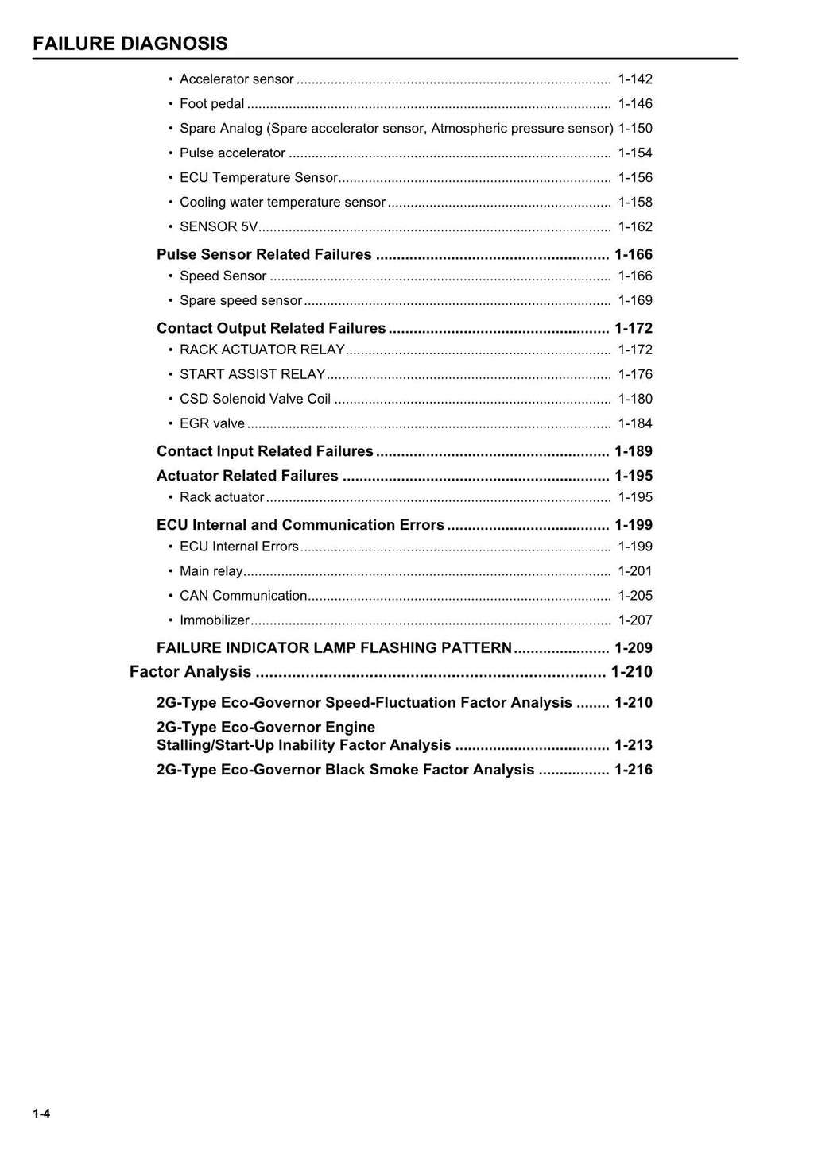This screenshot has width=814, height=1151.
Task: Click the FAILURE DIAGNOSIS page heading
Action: pyautogui.click(x=130, y=44)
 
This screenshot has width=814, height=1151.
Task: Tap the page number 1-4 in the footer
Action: pyautogui.click(x=41, y=1114)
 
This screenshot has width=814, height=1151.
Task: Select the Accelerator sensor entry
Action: pyautogui.click(x=236, y=79)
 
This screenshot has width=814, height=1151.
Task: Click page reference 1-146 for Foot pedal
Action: pyautogui.click(x=634, y=104)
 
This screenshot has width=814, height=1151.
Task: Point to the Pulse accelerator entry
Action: pyautogui.click(x=232, y=153)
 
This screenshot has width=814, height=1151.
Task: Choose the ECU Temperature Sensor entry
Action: pyautogui.click(x=258, y=178)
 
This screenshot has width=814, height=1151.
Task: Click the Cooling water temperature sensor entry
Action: pyautogui.click(x=282, y=203)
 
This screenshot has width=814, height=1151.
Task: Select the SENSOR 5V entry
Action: pyautogui.click(x=219, y=227)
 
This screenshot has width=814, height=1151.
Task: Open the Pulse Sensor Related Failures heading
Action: pyautogui.click(x=264, y=255)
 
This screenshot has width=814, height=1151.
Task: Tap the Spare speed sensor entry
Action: pyautogui.click(x=240, y=301)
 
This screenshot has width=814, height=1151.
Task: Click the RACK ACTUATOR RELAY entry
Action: pyautogui.click(x=262, y=350)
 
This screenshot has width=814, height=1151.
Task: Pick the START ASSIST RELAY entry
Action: pyautogui.click(x=252, y=375)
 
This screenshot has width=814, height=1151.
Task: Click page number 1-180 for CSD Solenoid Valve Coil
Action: pyautogui.click(x=634, y=400)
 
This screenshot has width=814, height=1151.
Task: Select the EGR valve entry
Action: pyautogui.click(x=211, y=424)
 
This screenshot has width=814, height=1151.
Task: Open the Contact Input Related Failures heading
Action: pyautogui.click(x=265, y=452)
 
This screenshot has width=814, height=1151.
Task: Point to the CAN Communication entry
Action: pyautogui.click(x=243, y=596)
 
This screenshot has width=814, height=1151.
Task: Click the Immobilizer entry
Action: pyautogui.click(x=214, y=620)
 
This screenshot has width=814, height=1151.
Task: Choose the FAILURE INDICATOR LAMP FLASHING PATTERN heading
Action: pyautogui.click(x=334, y=648)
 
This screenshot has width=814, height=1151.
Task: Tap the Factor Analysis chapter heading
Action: pyautogui.click(x=190, y=672)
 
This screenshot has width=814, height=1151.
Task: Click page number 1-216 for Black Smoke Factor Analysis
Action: pyautogui.click(x=633, y=770)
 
